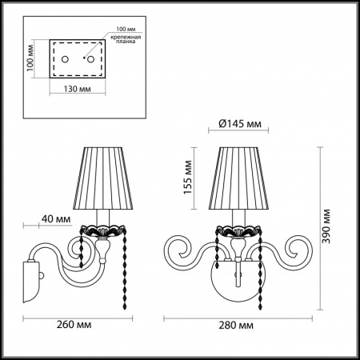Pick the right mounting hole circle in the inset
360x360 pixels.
[x=90, y=59]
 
